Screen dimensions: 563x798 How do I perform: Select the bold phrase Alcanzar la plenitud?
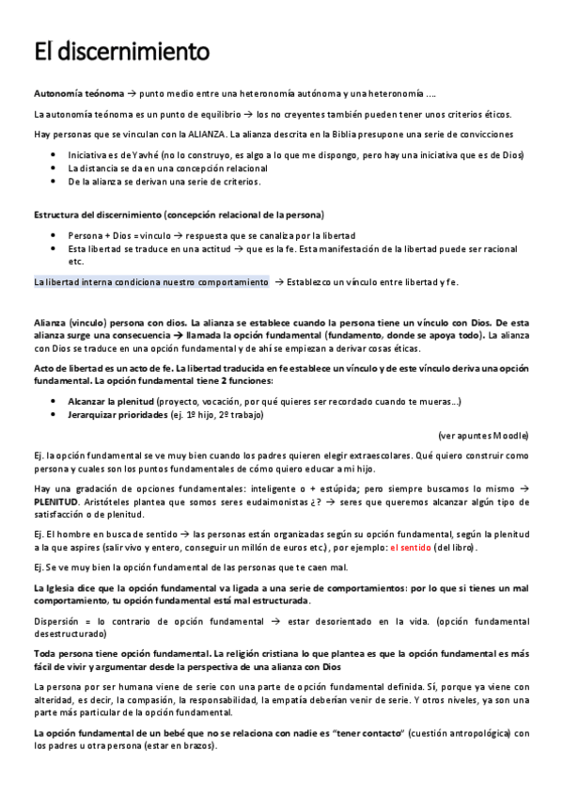pyautogui.click(x=117, y=401)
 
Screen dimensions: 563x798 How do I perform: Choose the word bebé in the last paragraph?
pyautogui.click(x=150, y=734)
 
